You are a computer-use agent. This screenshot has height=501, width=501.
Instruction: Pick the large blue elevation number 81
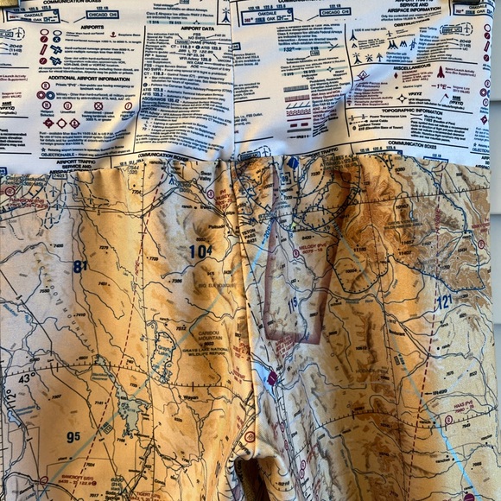(80, 267)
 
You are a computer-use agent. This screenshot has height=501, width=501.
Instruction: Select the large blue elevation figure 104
(200, 250)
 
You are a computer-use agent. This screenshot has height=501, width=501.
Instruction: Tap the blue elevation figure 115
(292, 305)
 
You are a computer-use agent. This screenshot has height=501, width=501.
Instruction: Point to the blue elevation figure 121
(443, 301)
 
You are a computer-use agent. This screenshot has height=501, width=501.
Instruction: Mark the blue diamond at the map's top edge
(294, 162)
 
